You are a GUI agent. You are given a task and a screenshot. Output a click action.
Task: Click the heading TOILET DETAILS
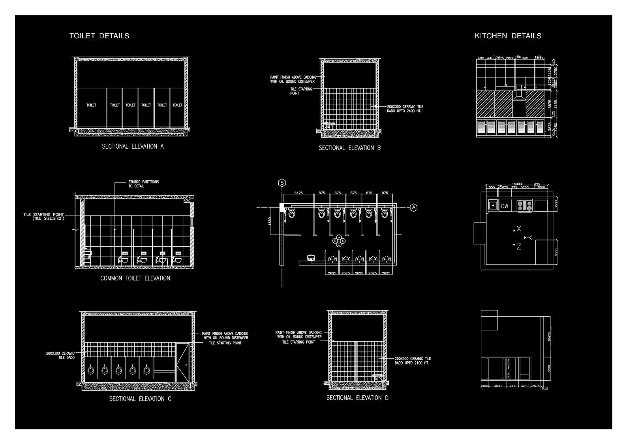tap(99, 36)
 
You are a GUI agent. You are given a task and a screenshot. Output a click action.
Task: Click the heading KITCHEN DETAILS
tap(508, 36)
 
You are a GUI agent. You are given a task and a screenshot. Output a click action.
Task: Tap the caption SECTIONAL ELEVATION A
tap(133, 147)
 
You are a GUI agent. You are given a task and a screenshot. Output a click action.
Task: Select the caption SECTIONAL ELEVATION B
tap(349, 148)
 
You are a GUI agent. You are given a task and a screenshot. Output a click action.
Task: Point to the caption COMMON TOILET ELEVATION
tap(135, 278)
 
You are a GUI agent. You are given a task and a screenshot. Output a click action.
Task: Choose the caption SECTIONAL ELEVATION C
tap(140, 399)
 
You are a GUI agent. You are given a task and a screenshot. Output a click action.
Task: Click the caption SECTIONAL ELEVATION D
tap(357, 398)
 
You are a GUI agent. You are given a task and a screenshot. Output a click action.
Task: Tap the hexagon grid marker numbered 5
tap(282, 183)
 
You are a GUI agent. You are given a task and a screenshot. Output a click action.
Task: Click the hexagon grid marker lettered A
tap(413, 207)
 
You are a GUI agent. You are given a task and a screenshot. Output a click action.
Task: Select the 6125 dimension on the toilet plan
tap(298, 193)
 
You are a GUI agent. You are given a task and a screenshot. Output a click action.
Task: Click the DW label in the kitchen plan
tap(505, 206)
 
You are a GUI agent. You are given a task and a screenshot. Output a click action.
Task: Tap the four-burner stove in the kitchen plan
tap(525, 206)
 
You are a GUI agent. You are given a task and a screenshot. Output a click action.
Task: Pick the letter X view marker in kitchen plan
tap(518, 229)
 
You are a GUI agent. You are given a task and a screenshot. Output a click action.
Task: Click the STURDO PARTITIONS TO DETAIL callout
tap(143, 184)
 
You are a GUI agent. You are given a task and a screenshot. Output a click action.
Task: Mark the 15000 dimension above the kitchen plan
tap(517, 184)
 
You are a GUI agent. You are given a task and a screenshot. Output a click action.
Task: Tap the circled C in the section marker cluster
tap(339, 244)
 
